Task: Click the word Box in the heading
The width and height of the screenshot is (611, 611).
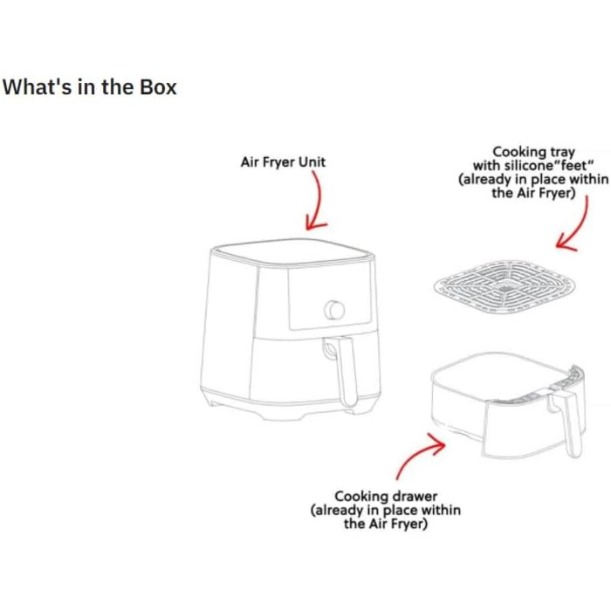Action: pyautogui.click(x=158, y=86)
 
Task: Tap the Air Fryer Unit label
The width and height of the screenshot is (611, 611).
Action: pyautogui.click(x=283, y=161)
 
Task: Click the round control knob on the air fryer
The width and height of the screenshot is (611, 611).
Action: pyautogui.click(x=334, y=310)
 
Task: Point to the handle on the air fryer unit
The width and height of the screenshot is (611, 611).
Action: pyautogui.click(x=346, y=370)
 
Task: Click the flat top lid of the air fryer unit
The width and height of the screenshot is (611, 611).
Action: pyautogui.click(x=292, y=251)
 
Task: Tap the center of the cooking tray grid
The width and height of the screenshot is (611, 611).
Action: pyautogui.click(x=505, y=287)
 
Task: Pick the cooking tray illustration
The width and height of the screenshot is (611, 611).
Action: pyautogui.click(x=505, y=287)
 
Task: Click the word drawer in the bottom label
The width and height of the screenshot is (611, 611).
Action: pyautogui.click(x=415, y=496)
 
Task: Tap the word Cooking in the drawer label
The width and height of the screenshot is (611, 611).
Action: pyautogui.click(x=361, y=497)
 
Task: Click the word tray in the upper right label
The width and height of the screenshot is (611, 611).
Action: pyautogui.click(x=562, y=153)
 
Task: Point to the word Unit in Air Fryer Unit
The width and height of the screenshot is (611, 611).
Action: pyautogui.click(x=312, y=161)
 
